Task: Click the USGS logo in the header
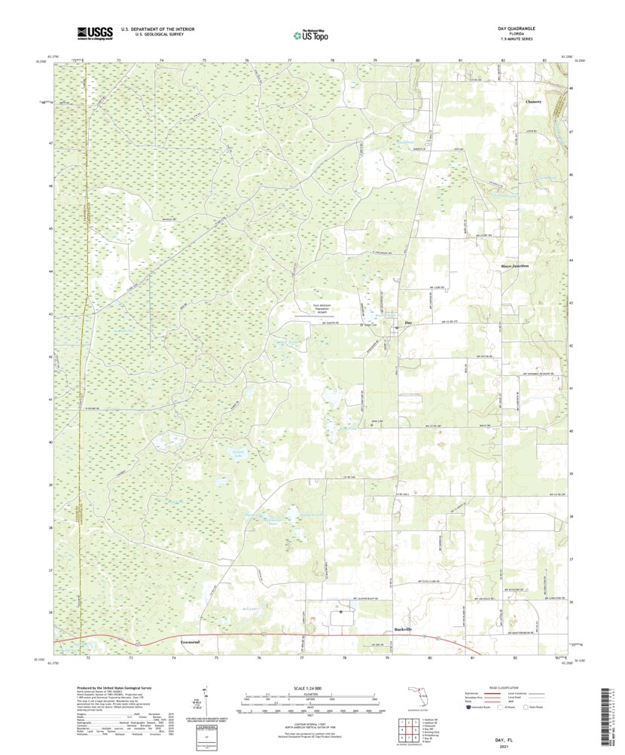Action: point(94,32)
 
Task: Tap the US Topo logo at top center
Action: point(310,33)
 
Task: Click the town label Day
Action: point(409,322)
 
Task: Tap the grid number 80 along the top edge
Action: point(417,58)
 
